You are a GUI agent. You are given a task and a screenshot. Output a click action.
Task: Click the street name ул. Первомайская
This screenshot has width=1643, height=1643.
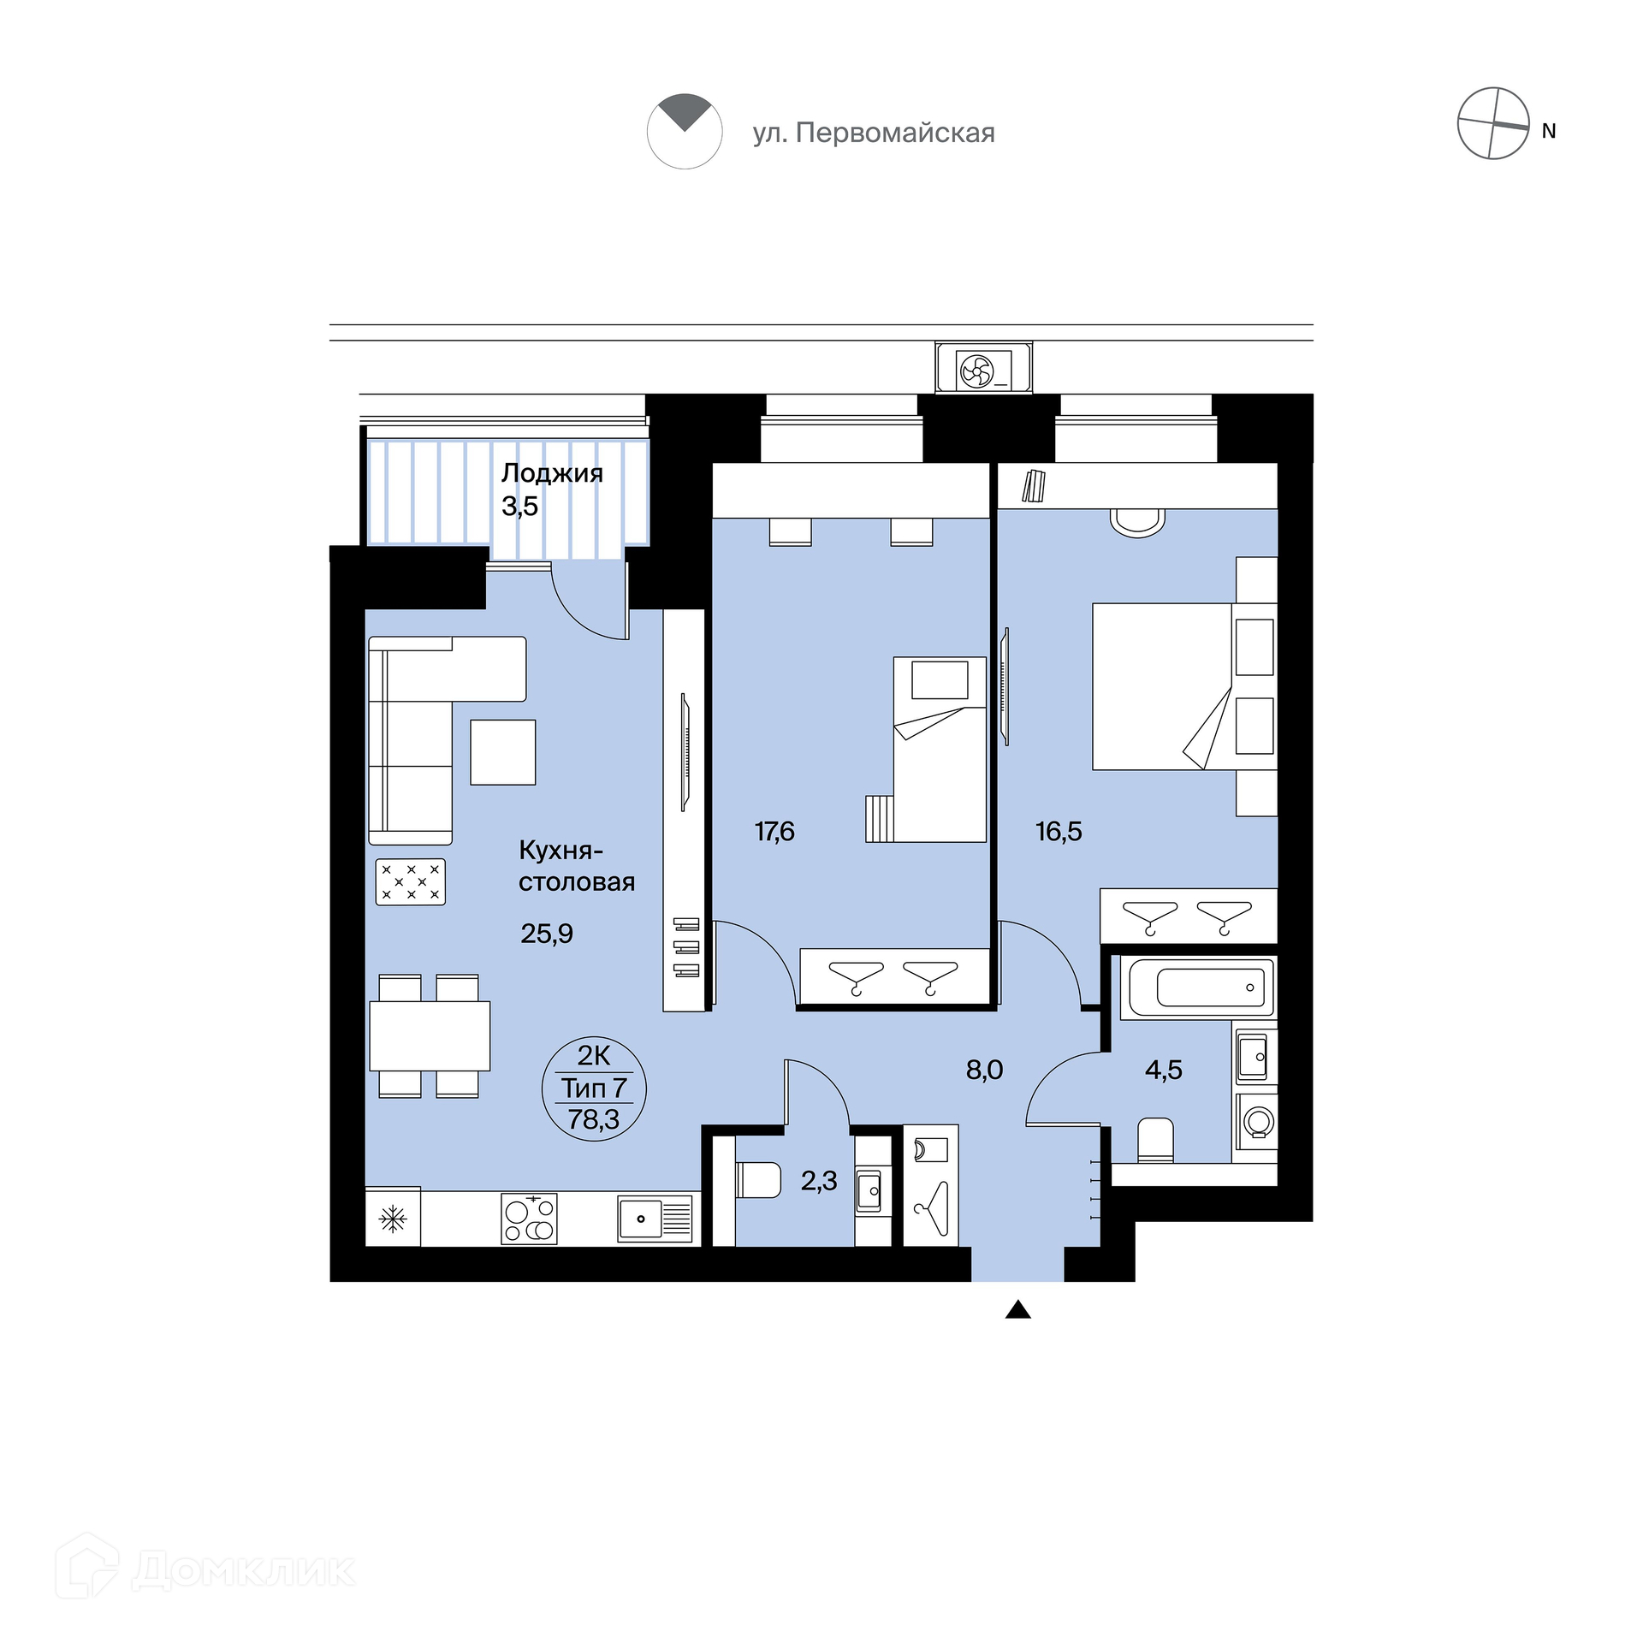[874, 133]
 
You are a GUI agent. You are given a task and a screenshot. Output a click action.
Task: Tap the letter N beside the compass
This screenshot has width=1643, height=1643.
[1548, 131]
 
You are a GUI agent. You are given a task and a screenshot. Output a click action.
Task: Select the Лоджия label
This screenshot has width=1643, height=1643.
[552, 473]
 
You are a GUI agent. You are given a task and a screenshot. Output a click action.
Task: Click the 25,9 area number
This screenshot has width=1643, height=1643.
[547, 934]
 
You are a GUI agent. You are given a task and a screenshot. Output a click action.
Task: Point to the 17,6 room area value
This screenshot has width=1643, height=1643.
[774, 831]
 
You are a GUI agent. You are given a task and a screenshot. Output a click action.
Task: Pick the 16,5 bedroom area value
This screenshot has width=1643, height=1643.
[1059, 831]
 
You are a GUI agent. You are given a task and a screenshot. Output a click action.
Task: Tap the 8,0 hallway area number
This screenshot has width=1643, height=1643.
[984, 1069]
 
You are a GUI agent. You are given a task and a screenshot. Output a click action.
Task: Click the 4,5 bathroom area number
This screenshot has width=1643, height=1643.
[1164, 1069]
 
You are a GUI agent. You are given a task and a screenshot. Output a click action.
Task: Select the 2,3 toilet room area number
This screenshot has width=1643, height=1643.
[819, 1181]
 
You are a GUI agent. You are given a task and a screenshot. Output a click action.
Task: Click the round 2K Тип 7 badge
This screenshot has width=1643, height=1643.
[594, 1088]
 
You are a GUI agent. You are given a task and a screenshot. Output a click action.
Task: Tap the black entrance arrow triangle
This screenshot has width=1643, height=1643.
[1017, 1309]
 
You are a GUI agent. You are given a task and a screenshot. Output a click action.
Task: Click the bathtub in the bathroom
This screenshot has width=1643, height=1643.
[1202, 988]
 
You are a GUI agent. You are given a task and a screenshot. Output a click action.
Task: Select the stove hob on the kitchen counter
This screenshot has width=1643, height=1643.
[529, 1219]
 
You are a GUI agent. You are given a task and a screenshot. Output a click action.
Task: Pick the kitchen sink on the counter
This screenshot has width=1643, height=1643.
[655, 1219]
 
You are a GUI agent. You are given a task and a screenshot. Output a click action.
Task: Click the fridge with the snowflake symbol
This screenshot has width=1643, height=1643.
[393, 1217]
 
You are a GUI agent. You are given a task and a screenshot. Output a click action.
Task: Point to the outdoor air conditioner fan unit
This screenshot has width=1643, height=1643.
[984, 368]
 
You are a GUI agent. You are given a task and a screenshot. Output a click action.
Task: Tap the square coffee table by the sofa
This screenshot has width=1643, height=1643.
[503, 752]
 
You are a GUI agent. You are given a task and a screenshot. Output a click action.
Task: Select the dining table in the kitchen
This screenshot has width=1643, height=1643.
[430, 1035]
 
